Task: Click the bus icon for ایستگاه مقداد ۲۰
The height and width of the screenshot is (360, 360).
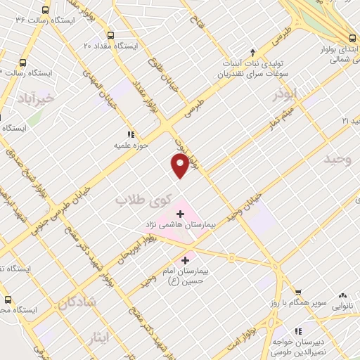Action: coord(110,35)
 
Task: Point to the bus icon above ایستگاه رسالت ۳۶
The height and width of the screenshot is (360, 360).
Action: coord(46,10)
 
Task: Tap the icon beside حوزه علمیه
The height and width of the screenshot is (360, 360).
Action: coord(130,134)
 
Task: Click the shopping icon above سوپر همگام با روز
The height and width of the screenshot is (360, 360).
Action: coord(298,292)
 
